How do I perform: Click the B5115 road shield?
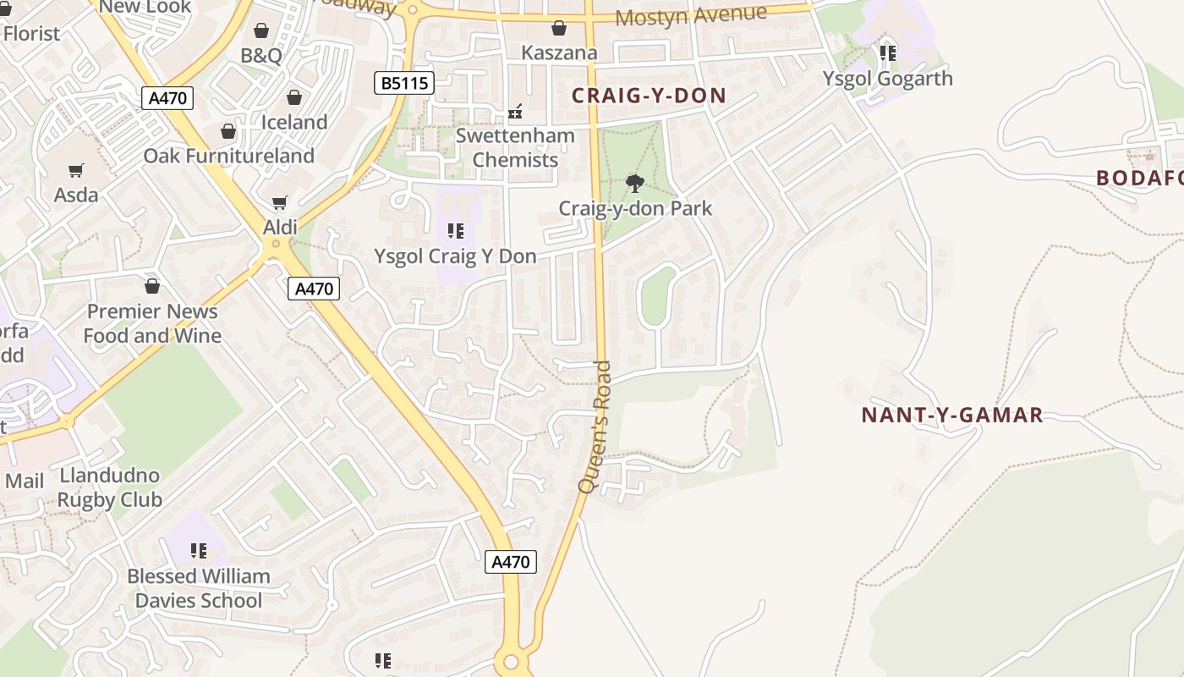(404, 83)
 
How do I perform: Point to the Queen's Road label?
(595, 427)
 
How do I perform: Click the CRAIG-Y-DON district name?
(649, 95)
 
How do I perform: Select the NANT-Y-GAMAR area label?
(951, 416)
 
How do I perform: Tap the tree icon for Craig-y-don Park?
(635, 183)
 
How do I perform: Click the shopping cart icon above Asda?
(76, 171)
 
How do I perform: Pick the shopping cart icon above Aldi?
(280, 203)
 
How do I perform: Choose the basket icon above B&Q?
(261, 31)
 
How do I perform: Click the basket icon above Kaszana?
(558, 29)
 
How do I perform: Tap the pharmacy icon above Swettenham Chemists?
(514, 111)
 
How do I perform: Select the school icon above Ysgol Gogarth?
(887, 53)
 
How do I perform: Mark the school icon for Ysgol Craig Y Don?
(456, 231)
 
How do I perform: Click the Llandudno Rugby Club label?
(109, 487)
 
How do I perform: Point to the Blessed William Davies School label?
(199, 588)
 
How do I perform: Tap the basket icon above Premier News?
(152, 286)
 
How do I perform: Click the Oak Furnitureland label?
(228, 156)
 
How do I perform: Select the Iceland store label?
(294, 122)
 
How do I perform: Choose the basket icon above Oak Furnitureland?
(228, 131)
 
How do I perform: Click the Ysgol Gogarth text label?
(887, 79)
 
